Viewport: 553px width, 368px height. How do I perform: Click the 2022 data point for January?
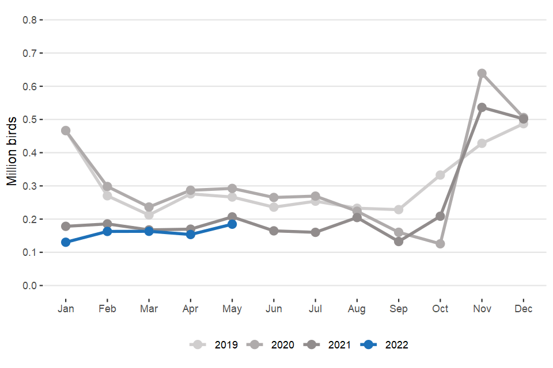[x=66, y=242]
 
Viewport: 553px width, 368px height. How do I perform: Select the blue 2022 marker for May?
[x=232, y=224]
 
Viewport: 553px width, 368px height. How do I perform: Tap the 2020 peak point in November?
[x=482, y=73]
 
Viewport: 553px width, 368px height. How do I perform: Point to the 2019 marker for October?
[x=440, y=175]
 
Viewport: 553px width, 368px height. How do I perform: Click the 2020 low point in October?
[x=440, y=244]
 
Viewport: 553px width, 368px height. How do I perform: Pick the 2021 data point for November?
[x=482, y=107]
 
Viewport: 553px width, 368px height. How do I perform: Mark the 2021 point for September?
[x=399, y=241]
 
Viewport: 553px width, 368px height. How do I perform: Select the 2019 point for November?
[x=482, y=143]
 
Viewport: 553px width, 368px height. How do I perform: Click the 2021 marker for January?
[x=66, y=226]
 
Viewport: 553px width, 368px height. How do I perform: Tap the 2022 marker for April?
[x=191, y=234]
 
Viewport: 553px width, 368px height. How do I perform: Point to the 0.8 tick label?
[x=29, y=20]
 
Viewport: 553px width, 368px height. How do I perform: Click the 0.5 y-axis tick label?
[x=29, y=120]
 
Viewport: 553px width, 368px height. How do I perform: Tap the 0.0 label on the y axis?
[x=29, y=286]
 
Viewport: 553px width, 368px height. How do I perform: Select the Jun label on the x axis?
[x=274, y=309]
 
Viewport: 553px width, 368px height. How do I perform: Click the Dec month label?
[x=524, y=309]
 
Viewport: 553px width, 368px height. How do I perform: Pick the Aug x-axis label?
[x=357, y=309]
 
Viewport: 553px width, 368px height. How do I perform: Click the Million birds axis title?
[x=12, y=152]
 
